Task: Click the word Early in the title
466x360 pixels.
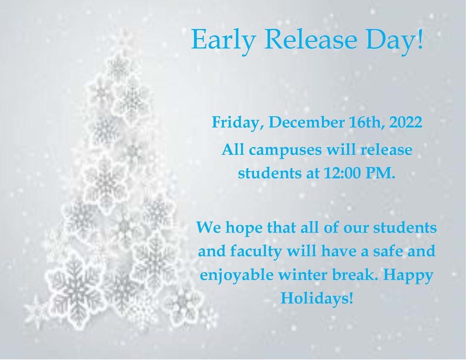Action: click(223, 41)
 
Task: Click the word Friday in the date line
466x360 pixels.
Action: click(235, 122)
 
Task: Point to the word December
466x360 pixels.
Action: click(306, 122)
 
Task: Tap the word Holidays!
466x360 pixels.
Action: click(317, 298)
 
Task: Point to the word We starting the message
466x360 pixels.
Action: click(208, 228)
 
